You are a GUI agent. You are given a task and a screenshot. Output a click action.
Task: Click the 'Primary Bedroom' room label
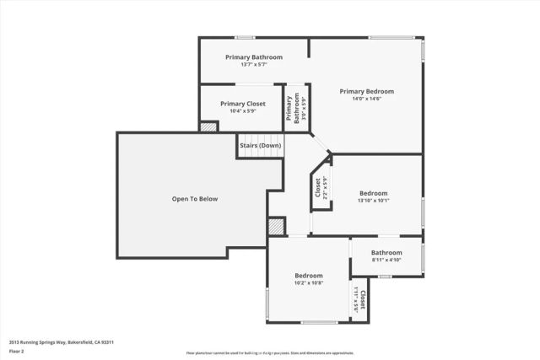click(x=366, y=91)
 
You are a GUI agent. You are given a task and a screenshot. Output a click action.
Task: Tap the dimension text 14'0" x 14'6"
click(x=366, y=99)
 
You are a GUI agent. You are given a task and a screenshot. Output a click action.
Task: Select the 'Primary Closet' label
click(x=243, y=104)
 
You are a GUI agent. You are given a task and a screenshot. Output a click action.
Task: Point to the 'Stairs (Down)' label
click(x=260, y=145)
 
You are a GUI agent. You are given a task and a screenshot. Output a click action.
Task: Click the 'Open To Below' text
click(x=195, y=199)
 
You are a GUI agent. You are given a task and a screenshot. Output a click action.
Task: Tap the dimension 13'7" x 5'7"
click(x=253, y=64)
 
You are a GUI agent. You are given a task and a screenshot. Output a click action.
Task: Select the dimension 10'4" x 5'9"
click(x=243, y=111)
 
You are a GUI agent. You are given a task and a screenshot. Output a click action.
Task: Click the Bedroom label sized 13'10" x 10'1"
click(x=373, y=193)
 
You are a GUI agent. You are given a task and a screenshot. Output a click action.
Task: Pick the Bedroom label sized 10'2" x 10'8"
click(x=308, y=276)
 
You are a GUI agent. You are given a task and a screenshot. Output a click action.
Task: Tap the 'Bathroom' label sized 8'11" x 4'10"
click(x=386, y=252)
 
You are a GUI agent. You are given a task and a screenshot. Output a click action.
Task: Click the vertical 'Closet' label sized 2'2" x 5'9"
click(x=318, y=186)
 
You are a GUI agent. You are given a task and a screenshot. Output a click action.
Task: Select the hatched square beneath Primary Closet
click(x=208, y=126)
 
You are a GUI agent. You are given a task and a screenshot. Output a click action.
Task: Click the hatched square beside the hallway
click(x=276, y=226)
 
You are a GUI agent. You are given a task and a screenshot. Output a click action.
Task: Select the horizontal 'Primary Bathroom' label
click(x=253, y=57)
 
